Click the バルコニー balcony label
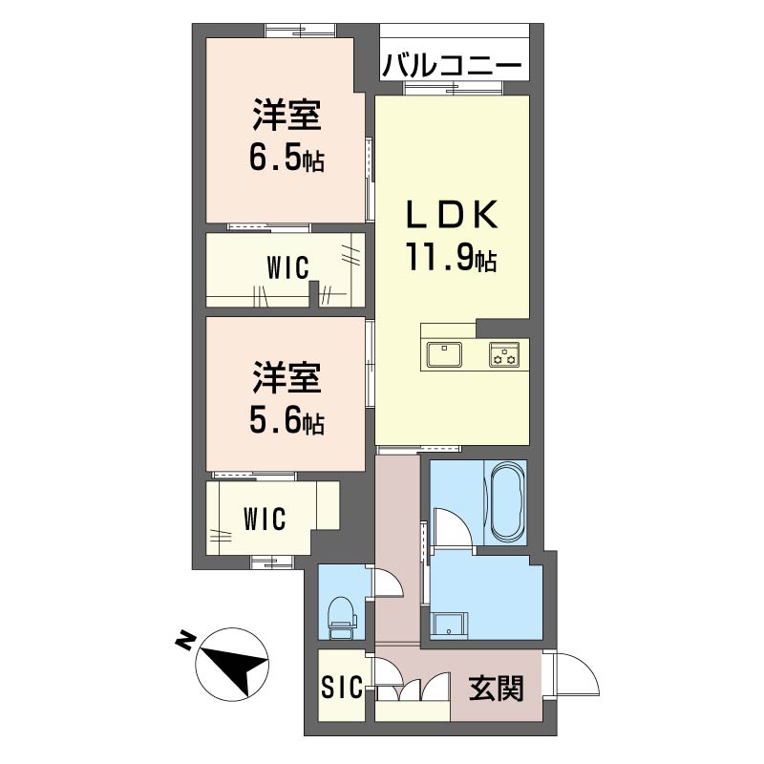coord(453,67)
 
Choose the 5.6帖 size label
coord(286,420)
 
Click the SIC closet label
coord(341,686)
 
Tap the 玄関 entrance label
coord(496,688)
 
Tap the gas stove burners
coord(504,354)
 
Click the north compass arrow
coord(234,664)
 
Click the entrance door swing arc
coord(577,676)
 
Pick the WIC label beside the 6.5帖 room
coord(287,268)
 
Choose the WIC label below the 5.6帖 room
coord(264,520)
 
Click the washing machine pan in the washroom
coord(448,626)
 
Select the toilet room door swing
coord(387,583)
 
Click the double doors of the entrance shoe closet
coord(412,690)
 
